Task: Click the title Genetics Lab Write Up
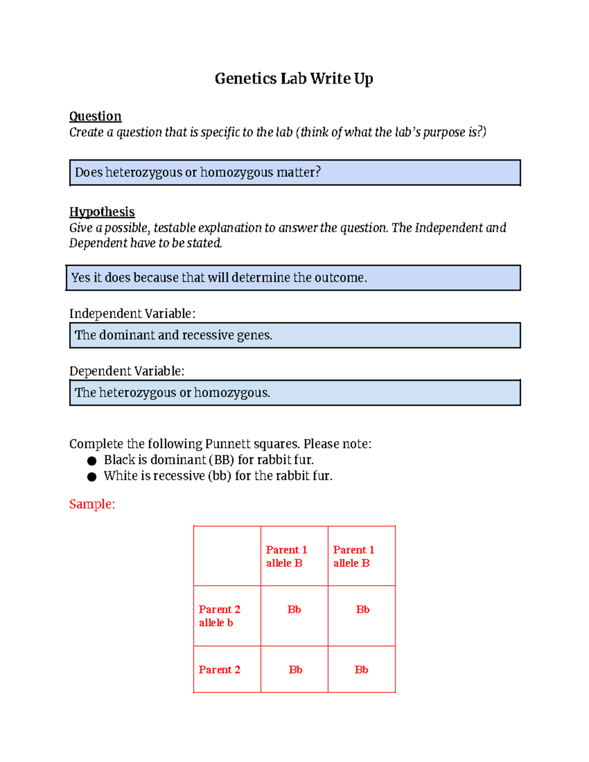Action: [x=294, y=79]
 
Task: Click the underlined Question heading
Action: [x=95, y=116]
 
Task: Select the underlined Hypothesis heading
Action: [x=102, y=212]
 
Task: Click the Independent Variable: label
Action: [x=132, y=314]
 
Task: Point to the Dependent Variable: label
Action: [x=127, y=371]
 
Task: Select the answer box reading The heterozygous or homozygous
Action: [x=294, y=393]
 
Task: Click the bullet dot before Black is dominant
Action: [x=92, y=461]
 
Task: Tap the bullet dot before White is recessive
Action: [x=92, y=477]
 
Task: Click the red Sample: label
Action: [x=92, y=504]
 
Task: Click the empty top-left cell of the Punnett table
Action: [x=227, y=555]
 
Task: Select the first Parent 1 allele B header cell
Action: [x=294, y=556]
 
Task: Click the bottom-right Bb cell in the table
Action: [x=361, y=670]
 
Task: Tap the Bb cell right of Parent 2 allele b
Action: [x=294, y=610]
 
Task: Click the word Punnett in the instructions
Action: [x=228, y=444]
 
